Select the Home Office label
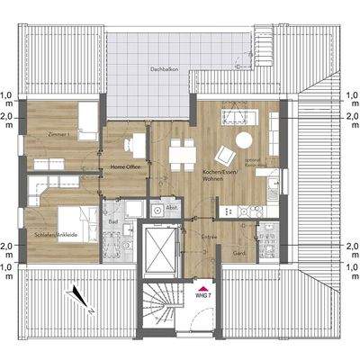tap(123, 167)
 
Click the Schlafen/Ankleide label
tap(55, 235)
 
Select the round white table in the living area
tap(244, 140)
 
